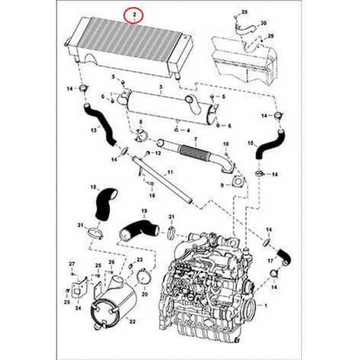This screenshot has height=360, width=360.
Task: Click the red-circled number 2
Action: [x=134, y=15]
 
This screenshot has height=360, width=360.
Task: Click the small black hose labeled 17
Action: [x=284, y=255]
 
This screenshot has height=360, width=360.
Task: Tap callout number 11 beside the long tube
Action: [x=170, y=172]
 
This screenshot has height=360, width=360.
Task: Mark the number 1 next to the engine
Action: [x=265, y=306]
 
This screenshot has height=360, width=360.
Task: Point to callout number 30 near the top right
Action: [x=264, y=22]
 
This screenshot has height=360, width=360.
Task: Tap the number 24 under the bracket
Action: [x=77, y=309]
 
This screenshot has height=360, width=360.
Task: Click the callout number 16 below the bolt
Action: [x=152, y=195]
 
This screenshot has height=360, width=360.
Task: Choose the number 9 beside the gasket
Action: [x=222, y=185]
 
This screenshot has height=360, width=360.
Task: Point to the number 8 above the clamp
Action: [x=140, y=122]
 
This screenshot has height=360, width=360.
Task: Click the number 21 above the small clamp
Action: [x=171, y=217]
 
